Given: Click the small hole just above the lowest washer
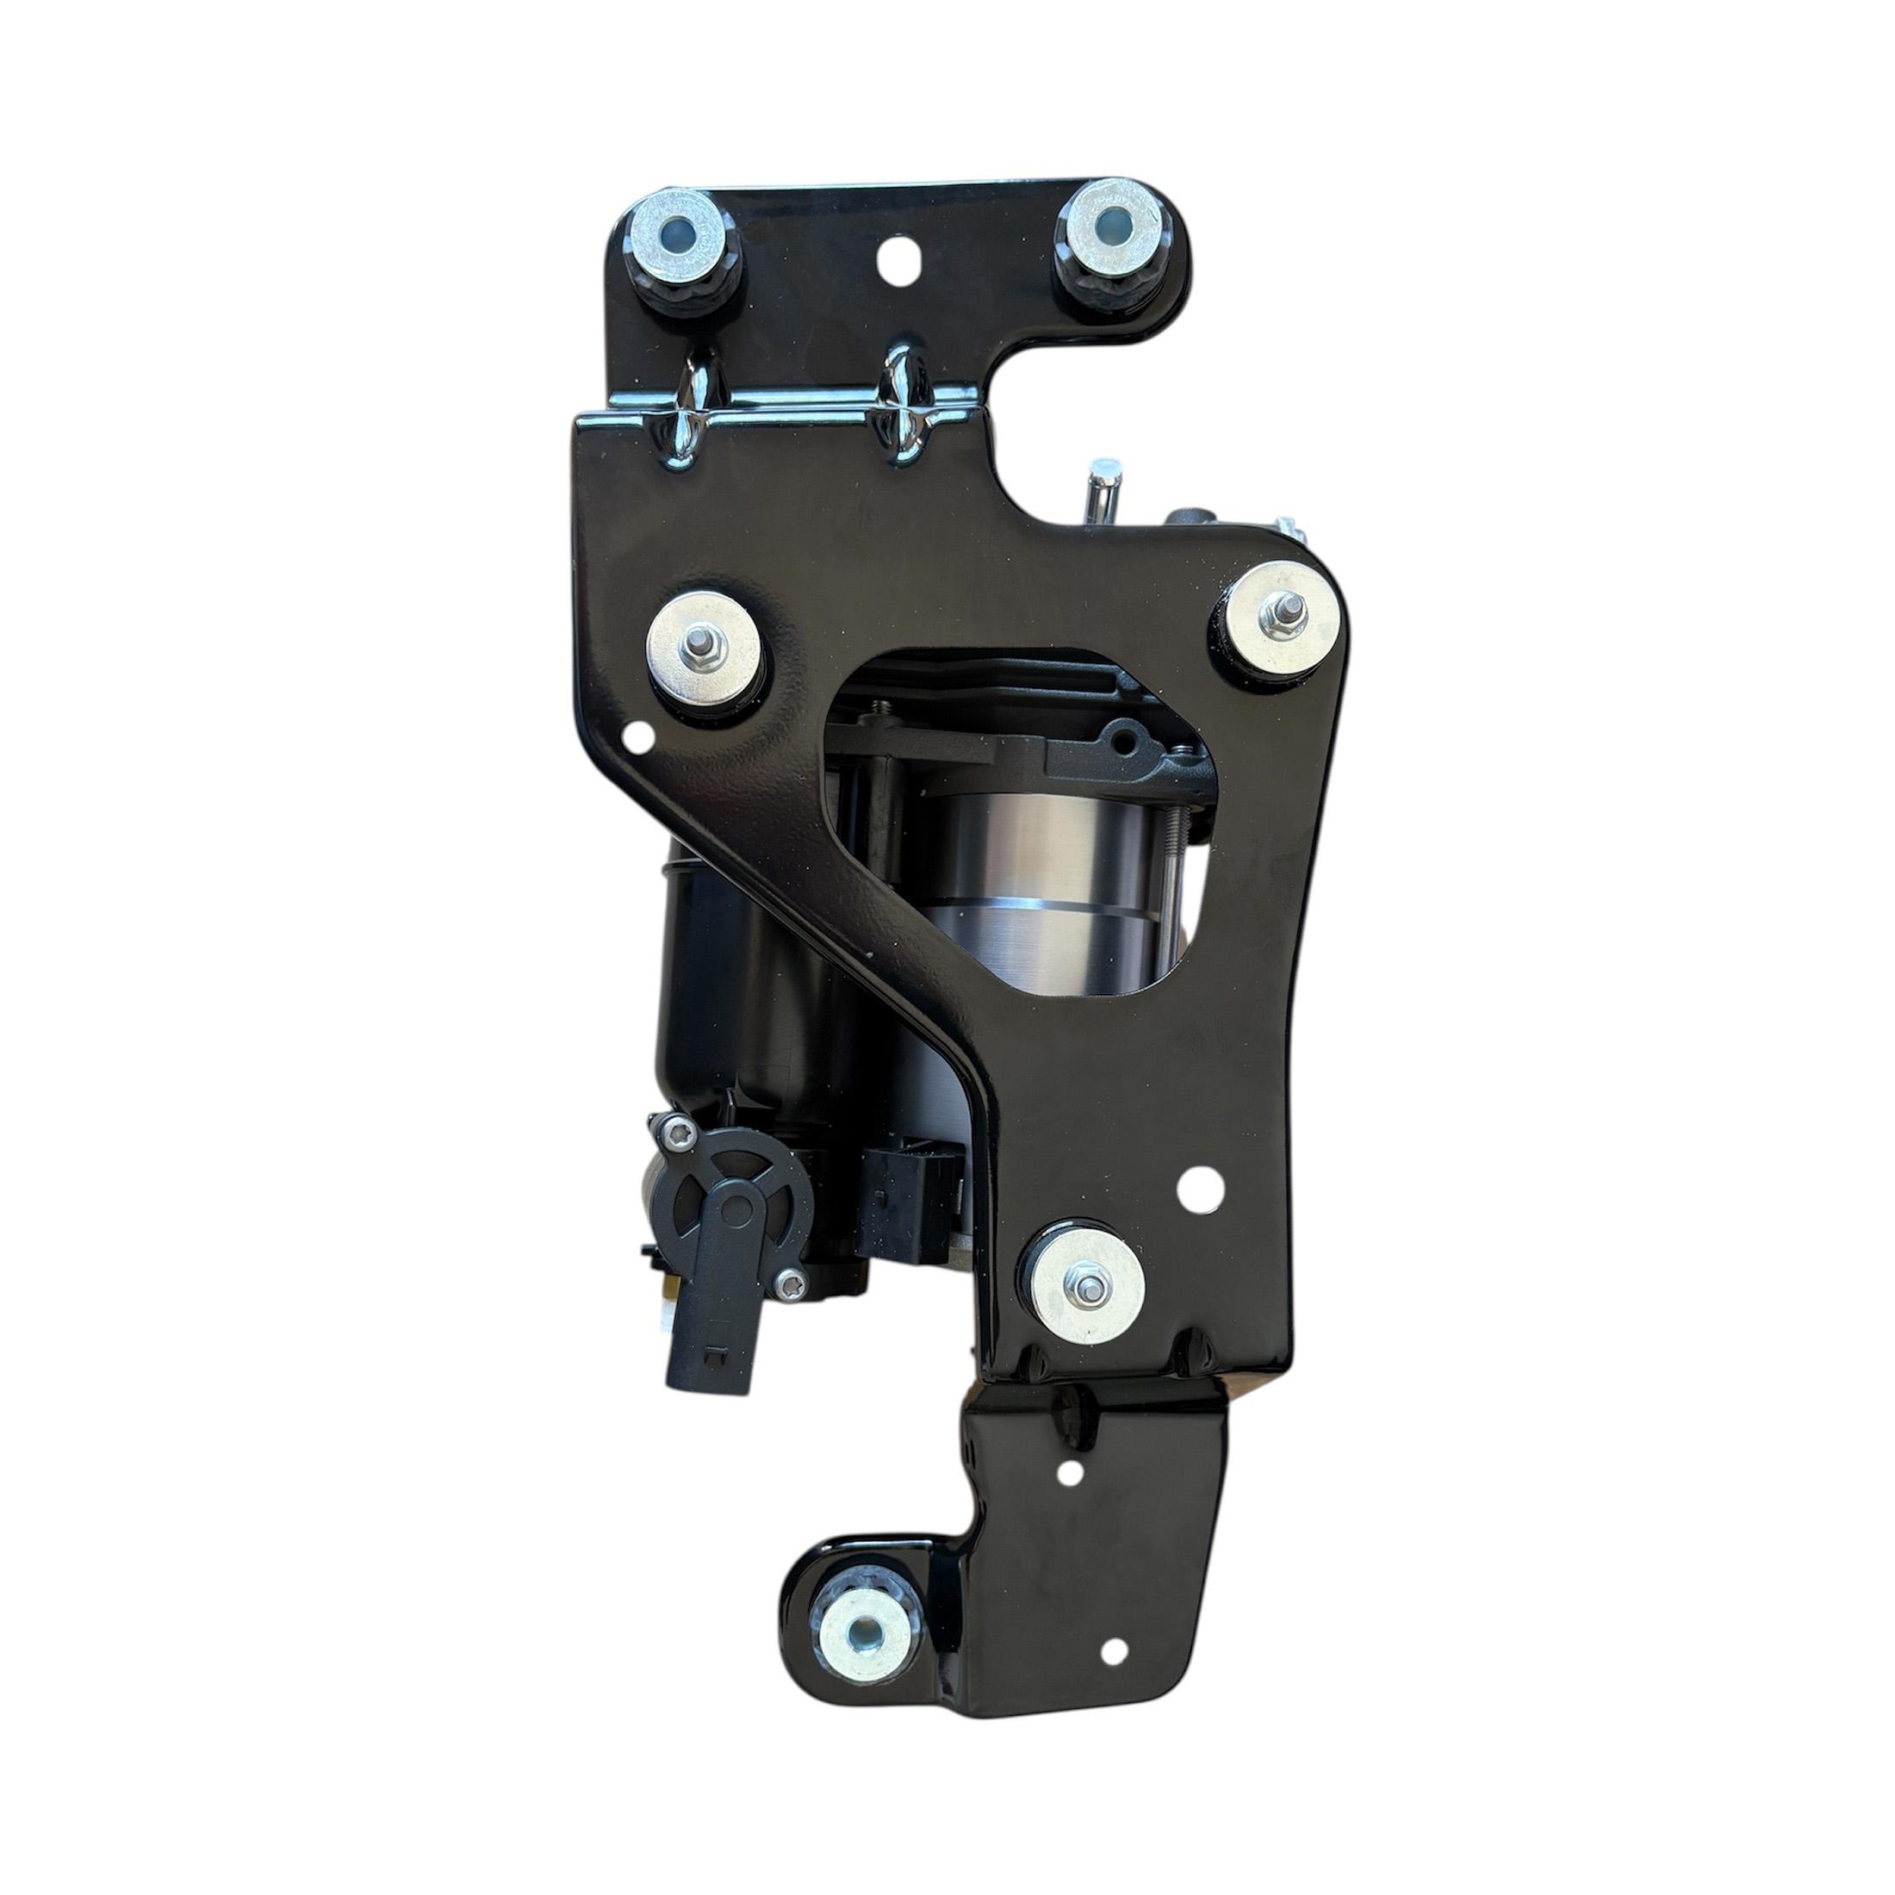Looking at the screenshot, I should tap(1192, 1183).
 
